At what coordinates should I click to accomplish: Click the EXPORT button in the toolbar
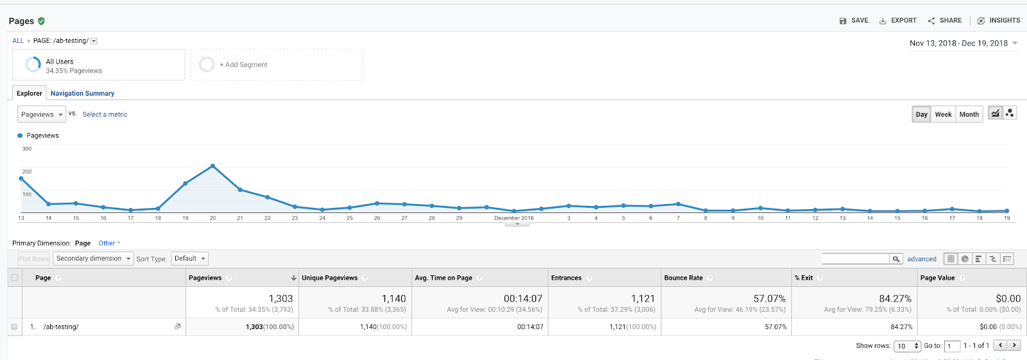898,21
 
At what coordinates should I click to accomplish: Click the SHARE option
945,21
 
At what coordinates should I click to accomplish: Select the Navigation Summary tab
82,94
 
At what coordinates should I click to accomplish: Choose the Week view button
943,114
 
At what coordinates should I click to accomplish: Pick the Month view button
969,114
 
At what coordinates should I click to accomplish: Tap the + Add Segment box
277,65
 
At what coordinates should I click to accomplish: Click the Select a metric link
105,115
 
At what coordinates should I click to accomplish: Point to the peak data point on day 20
212,166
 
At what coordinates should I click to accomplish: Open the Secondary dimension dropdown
93,259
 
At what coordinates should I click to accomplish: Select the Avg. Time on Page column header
443,278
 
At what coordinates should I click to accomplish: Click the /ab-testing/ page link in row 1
61,327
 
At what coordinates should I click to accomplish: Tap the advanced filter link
921,259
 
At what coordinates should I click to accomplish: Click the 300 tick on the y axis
27,149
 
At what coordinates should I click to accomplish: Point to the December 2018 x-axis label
513,218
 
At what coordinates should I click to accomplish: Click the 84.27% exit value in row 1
901,327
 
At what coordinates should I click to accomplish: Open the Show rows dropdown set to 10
907,346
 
